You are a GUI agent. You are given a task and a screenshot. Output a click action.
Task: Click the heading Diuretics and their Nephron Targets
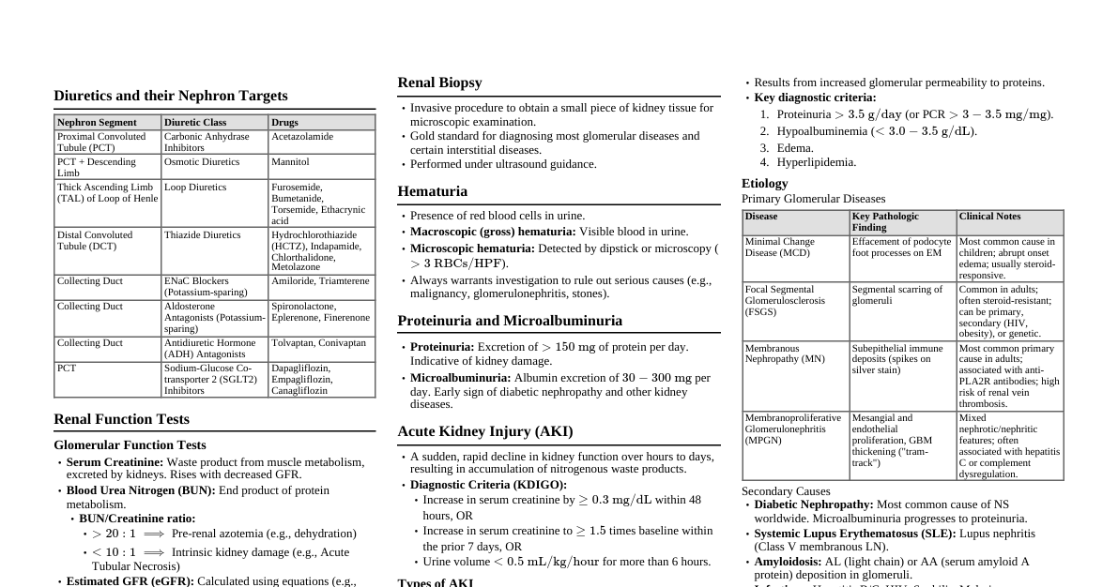[170, 96]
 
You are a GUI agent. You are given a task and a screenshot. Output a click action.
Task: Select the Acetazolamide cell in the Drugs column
[302, 137]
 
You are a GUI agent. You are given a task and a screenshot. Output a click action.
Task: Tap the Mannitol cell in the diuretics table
[290, 162]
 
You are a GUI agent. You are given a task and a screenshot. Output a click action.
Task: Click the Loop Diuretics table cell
[195, 188]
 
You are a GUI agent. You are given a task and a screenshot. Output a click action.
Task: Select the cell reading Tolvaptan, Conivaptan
[318, 343]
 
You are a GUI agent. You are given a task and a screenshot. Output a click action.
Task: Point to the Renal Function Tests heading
[121, 419]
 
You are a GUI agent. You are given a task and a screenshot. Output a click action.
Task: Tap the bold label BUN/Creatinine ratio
[137, 519]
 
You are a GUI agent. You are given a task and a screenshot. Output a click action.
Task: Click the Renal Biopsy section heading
[439, 83]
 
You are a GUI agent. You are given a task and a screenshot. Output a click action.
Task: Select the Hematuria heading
[432, 191]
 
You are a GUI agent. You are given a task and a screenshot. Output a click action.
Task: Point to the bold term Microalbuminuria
[460, 378]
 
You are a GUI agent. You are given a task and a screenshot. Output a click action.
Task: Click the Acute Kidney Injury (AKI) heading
[484, 431]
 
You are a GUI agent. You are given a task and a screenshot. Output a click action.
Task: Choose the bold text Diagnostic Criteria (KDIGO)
[488, 485]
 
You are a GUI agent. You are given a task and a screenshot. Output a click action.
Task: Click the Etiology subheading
[764, 184]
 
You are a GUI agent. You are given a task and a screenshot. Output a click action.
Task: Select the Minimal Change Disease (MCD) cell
[781, 247]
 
